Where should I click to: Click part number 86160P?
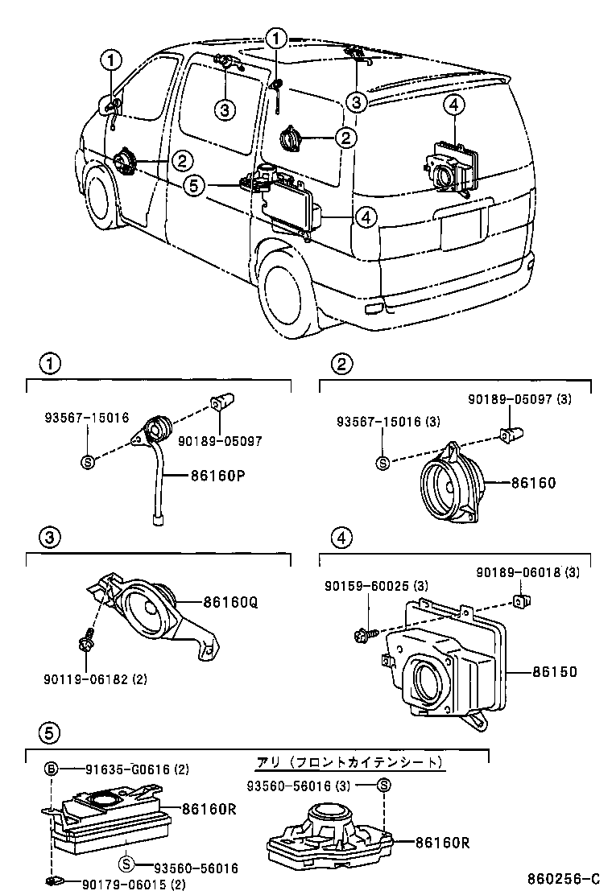pyautogui.click(x=217, y=475)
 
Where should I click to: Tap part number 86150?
pyautogui.click(x=553, y=670)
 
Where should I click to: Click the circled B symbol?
pyautogui.click(x=51, y=769)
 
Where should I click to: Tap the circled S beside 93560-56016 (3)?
pyautogui.click(x=384, y=785)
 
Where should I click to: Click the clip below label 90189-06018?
pyautogui.click(x=520, y=600)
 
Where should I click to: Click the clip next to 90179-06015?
pyautogui.click(x=54, y=882)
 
